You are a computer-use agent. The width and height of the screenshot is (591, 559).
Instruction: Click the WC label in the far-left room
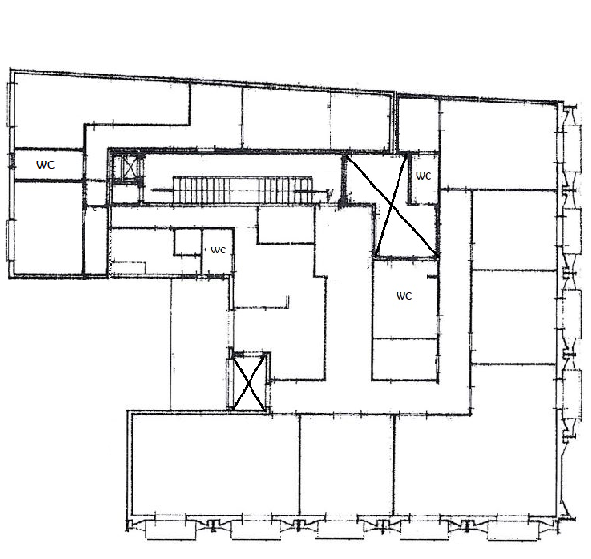45,164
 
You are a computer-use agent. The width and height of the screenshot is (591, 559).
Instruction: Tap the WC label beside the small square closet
218,250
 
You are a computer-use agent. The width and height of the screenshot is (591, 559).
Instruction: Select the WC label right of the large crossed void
424,176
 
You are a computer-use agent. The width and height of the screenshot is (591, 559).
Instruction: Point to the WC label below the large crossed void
404,296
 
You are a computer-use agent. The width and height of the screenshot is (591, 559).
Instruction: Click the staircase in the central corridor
243,190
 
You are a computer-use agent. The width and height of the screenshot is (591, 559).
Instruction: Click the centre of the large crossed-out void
392,205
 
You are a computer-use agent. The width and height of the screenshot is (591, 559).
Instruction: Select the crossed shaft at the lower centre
250,382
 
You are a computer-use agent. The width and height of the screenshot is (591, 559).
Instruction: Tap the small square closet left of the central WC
188,242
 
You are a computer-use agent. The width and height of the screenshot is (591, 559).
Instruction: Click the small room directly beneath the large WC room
405,359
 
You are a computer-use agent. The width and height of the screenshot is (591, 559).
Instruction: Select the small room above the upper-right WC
419,125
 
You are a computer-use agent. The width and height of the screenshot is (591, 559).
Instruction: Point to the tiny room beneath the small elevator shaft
128,193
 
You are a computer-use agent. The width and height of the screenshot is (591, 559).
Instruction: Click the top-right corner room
498,144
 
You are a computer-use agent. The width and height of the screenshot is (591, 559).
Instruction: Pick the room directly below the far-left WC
47,227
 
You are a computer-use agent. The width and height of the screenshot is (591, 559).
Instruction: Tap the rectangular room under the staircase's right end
286,224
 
